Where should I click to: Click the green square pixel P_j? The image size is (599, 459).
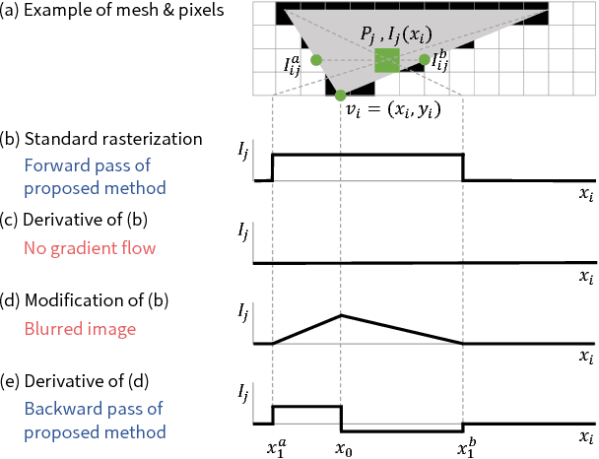pyautogui.click(x=386, y=60)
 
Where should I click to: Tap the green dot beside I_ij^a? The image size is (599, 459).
pyautogui.click(x=316, y=60)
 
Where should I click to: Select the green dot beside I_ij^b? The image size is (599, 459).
pyautogui.click(x=425, y=60)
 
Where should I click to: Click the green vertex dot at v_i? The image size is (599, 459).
pyautogui.click(x=340, y=96)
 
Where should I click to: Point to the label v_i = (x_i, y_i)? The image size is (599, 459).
pyautogui.click(x=391, y=109)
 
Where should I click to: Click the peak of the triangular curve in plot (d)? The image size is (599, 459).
pyautogui.click(x=340, y=315)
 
